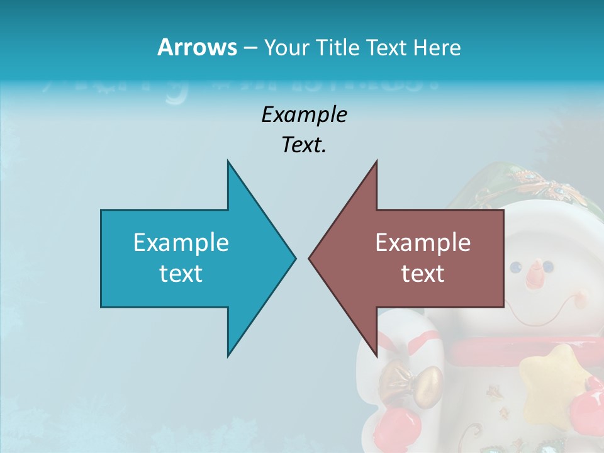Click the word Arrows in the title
[x=197, y=48]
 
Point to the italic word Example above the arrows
[x=304, y=115]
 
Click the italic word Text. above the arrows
[x=304, y=145]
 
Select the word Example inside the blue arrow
[x=181, y=243]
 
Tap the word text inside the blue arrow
[x=181, y=274]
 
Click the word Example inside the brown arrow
[x=423, y=243]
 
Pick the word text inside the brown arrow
[x=423, y=274]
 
